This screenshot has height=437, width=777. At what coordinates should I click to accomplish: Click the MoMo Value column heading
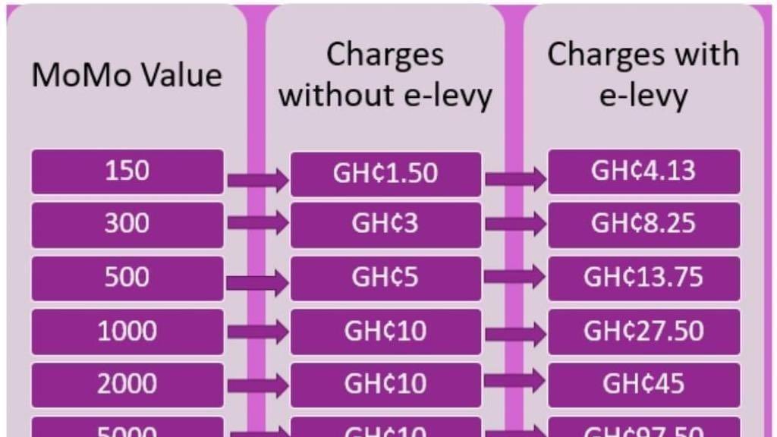[x=127, y=76]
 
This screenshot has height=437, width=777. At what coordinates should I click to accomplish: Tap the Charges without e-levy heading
[x=385, y=75]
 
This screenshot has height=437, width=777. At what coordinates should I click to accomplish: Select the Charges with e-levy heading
[x=643, y=75]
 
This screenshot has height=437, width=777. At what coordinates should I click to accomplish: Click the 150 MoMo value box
[x=127, y=171]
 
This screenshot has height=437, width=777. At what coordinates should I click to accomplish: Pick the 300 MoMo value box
[x=127, y=225]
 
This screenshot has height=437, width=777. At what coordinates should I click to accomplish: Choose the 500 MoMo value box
[x=127, y=278]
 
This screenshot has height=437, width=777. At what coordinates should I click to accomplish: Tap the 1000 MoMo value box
[x=127, y=332]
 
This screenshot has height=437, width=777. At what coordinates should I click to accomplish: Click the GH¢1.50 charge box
[x=385, y=174]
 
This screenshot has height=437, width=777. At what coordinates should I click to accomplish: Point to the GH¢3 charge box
[x=385, y=225]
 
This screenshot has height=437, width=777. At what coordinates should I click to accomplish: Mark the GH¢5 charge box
[x=385, y=278]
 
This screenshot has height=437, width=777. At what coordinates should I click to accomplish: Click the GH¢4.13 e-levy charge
[x=643, y=171]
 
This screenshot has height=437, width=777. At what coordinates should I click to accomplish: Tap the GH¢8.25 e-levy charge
[x=643, y=225]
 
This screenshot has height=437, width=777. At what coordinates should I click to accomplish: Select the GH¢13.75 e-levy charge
[x=643, y=278]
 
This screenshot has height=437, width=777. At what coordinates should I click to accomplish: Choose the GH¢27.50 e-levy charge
[x=643, y=332]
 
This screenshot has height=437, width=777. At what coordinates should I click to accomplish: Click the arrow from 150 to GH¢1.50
[x=258, y=181]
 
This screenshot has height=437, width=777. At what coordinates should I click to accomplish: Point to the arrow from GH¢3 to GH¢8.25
[x=515, y=223]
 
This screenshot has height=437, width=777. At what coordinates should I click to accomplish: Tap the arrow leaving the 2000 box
[x=258, y=385]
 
